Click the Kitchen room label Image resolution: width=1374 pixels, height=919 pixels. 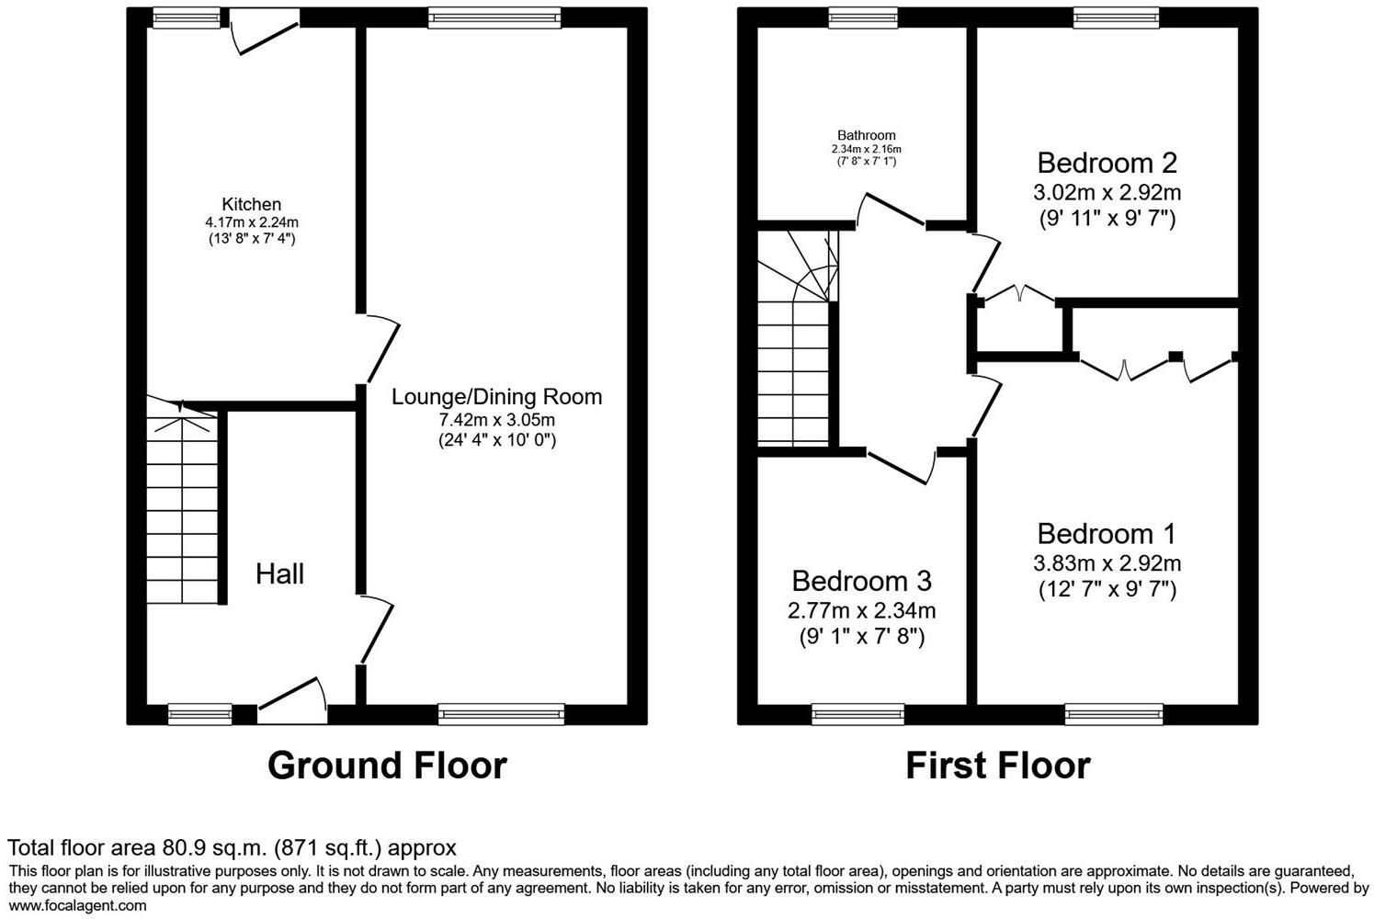pyautogui.click(x=251, y=204)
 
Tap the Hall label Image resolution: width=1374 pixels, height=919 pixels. pyautogui.click(x=279, y=574)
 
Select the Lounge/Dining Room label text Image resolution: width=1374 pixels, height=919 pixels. pyautogui.click(x=496, y=397)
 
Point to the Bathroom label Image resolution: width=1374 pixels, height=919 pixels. pyautogui.click(x=866, y=135)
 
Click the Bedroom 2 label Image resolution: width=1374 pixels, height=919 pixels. pyautogui.click(x=1107, y=163)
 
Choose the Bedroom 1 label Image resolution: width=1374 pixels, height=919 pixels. pyautogui.click(x=1107, y=534)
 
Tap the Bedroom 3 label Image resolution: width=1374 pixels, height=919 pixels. pyautogui.click(x=861, y=581)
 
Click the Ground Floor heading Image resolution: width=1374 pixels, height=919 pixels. pyautogui.click(x=387, y=766)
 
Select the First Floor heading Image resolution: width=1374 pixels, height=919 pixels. pyautogui.click(x=998, y=766)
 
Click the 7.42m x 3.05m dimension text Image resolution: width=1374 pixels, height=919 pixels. pyautogui.click(x=496, y=420)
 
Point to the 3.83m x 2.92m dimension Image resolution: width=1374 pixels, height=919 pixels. pyautogui.click(x=1107, y=563)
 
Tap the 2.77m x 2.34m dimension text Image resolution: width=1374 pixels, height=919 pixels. pyautogui.click(x=861, y=610)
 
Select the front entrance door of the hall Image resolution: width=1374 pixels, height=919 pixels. pyautogui.click(x=293, y=698)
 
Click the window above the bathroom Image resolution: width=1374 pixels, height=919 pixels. pyautogui.click(x=862, y=17)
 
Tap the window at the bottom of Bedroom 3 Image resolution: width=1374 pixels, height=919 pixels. pyautogui.click(x=857, y=714)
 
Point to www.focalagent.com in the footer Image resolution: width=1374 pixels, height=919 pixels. pyautogui.click(x=77, y=906)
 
